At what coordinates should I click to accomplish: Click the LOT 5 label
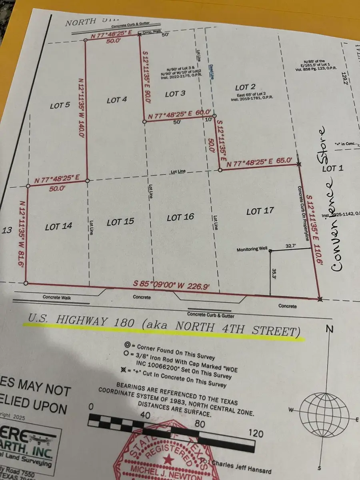pyautogui.click(x=60, y=106)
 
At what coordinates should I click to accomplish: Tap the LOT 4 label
pyautogui.click(x=117, y=100)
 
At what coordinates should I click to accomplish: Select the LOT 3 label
pyautogui.click(x=175, y=94)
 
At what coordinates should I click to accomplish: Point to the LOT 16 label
pyautogui.click(x=180, y=217)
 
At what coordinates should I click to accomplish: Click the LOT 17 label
pyautogui.click(x=260, y=211)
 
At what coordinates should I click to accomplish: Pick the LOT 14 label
pyautogui.click(x=58, y=227)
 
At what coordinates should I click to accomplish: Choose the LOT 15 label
pyautogui.click(x=120, y=222)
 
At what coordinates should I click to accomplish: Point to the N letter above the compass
pyautogui.click(x=330, y=329)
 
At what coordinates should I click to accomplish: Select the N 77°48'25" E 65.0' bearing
pyautogui.click(x=263, y=163)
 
